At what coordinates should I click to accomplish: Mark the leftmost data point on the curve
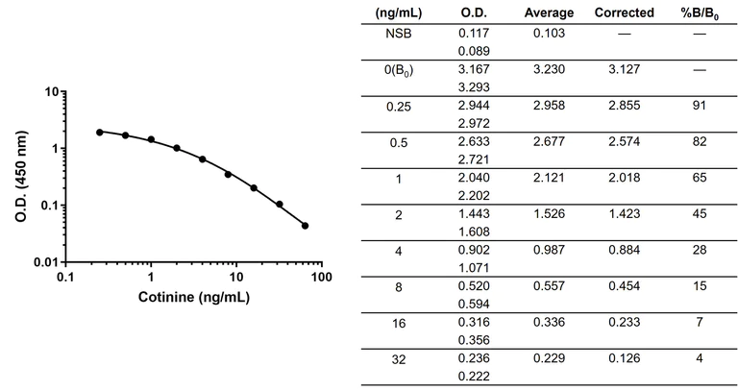click(100, 132)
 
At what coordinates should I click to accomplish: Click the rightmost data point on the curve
click(305, 226)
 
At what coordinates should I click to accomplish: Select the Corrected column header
click(624, 12)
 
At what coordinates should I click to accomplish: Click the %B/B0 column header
click(700, 12)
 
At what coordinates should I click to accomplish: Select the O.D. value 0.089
click(476, 49)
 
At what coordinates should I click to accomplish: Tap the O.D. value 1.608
click(476, 232)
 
